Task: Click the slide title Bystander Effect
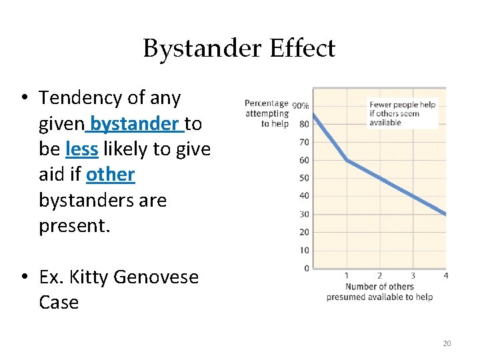(239, 49)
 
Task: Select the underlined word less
(82, 149)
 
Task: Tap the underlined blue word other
(111, 175)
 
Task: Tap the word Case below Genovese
(59, 302)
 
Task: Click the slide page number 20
(447, 343)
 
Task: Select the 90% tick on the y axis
(300, 105)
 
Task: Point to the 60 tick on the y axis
(304, 160)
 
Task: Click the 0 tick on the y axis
(306, 269)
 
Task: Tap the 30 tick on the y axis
(304, 214)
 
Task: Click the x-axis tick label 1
(347, 276)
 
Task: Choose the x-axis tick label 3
(412, 276)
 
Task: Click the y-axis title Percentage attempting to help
(267, 113)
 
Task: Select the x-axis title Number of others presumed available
(379, 291)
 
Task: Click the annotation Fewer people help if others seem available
(403, 113)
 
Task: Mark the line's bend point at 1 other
(347, 160)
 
